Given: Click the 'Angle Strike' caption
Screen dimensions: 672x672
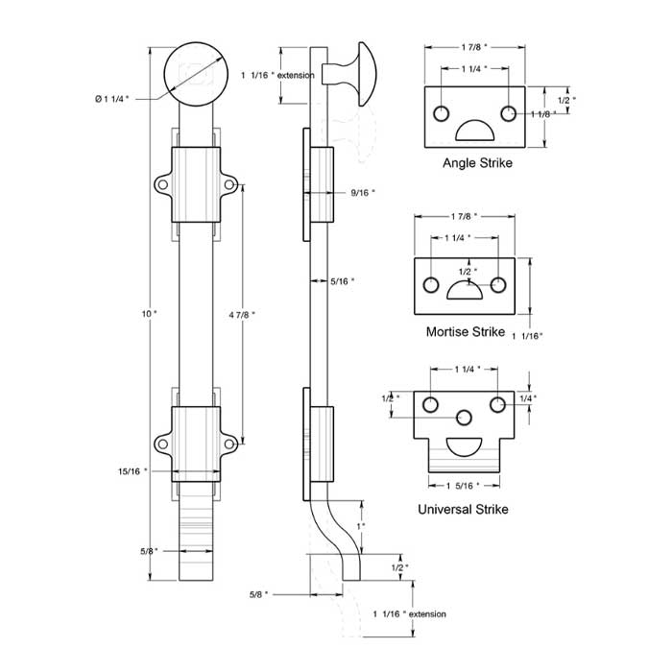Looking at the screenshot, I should click(477, 163).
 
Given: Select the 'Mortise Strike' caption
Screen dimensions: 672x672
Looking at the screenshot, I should click(465, 332).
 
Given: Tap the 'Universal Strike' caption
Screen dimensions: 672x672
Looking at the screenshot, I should click(463, 509).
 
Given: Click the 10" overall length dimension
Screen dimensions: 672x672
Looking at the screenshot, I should click(147, 313).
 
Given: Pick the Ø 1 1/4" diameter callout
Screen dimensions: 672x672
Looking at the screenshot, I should click(112, 98).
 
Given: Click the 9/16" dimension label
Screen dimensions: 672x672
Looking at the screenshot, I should click(362, 193).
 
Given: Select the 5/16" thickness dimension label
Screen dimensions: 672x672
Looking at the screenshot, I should click(342, 281).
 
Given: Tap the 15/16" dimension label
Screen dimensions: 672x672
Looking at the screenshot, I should click(133, 471).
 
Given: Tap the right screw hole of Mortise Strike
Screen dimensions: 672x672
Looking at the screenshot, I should click(498, 284).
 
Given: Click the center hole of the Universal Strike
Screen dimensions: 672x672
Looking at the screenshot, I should click(464, 418).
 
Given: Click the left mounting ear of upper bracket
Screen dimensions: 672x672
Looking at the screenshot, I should click(163, 183).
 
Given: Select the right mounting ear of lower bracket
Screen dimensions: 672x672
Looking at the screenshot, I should click(229, 443).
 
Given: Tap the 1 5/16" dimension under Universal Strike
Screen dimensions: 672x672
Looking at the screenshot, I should click(464, 485).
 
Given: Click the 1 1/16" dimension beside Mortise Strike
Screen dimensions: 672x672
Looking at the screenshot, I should click(528, 335).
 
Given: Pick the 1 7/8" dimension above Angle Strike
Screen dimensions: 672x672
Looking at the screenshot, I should click(472, 46).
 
